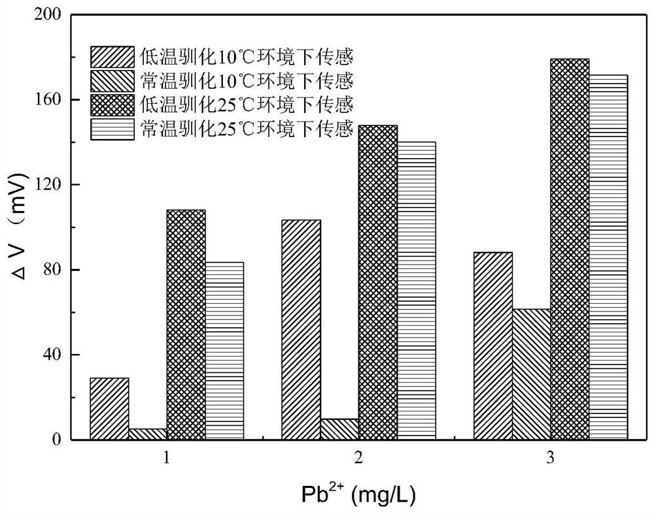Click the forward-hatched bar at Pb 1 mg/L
(x=109, y=408)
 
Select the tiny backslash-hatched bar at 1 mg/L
(x=148, y=434)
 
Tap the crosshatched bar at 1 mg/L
(x=186, y=325)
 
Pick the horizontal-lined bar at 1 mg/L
(x=224, y=351)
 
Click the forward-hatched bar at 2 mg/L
(x=301, y=330)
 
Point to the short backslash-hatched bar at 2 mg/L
(x=339, y=429)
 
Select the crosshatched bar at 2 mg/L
(x=378, y=282)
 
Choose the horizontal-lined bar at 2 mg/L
(x=416, y=291)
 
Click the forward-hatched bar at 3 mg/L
(x=492, y=345)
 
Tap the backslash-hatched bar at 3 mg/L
(x=531, y=374)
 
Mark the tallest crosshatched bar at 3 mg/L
(x=570, y=249)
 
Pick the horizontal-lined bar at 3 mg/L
(x=608, y=257)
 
